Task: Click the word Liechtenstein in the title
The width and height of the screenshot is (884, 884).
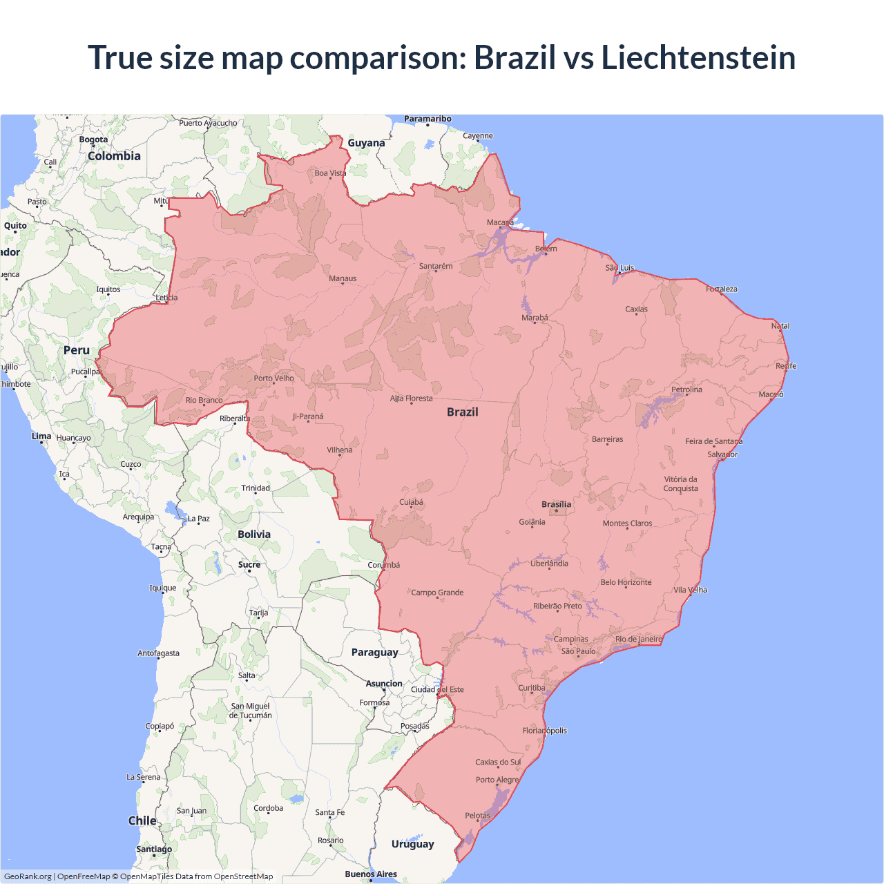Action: click(x=698, y=57)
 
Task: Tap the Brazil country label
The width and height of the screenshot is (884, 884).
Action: click(x=462, y=412)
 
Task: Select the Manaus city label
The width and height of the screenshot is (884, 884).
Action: click(x=343, y=278)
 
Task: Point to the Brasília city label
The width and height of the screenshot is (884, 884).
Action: click(x=556, y=504)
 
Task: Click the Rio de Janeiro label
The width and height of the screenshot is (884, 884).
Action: click(x=638, y=639)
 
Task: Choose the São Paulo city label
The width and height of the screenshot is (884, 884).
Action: click(x=578, y=651)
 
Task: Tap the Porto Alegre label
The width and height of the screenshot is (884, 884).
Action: click(x=497, y=780)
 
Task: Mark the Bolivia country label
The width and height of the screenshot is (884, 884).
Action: click(x=254, y=535)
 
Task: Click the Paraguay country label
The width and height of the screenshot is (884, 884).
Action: click(x=374, y=653)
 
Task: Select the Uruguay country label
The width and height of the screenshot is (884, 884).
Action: click(x=412, y=844)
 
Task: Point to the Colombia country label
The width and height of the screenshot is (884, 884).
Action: click(x=114, y=156)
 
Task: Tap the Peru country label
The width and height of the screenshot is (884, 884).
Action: click(x=77, y=350)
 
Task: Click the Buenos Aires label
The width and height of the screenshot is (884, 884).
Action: click(x=371, y=874)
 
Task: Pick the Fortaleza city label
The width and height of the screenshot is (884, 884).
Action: click(x=722, y=289)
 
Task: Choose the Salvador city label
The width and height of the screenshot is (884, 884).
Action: click(x=722, y=454)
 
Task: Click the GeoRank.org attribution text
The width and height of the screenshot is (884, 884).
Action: click(x=28, y=876)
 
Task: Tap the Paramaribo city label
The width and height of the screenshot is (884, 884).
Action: click(x=427, y=119)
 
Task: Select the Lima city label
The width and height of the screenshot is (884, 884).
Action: click(x=41, y=436)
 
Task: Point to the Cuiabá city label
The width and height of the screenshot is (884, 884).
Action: click(x=411, y=502)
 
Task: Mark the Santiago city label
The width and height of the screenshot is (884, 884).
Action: click(x=154, y=849)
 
